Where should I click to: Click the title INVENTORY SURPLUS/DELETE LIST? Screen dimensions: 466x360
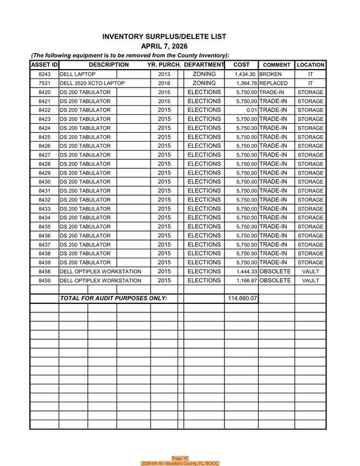pyautogui.click(x=164, y=37)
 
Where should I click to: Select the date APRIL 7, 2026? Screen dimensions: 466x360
pyautogui.click(x=164, y=46)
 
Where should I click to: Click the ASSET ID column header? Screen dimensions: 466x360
pyautogui.click(x=44, y=64)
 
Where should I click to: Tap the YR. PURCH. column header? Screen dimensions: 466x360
pyautogui.click(x=164, y=64)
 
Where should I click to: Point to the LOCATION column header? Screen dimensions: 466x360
pyautogui.click(x=310, y=65)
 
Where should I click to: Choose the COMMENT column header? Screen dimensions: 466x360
pyautogui.click(x=277, y=65)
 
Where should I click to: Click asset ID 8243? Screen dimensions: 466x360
pyautogui.click(x=44, y=74)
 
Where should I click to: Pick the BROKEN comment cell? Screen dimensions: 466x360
pyautogui.click(x=270, y=74)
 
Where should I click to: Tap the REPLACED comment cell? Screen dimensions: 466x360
pyautogui.click(x=273, y=83)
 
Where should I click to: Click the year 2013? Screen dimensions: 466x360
pyautogui.click(x=164, y=74)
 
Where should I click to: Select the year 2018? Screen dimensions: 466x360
pyautogui.click(x=164, y=83)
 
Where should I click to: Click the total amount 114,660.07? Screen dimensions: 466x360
pyautogui.click(x=242, y=298)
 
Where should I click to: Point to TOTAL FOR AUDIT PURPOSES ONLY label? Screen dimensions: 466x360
pyautogui.click(x=113, y=298)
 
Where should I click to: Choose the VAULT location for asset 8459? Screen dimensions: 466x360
pyautogui.click(x=310, y=281)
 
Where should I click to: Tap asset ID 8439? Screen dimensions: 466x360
pyautogui.click(x=44, y=263)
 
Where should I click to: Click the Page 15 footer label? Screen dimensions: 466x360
pyautogui.click(x=180, y=458)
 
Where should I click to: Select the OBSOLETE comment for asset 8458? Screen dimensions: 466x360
pyautogui.click(x=275, y=272)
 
